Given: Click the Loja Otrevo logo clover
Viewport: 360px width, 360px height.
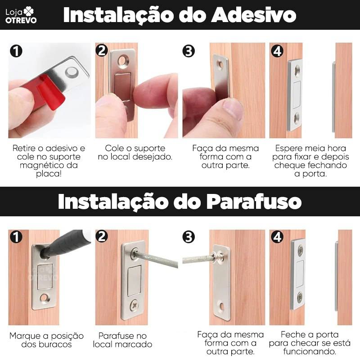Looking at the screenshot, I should [x=28, y=10].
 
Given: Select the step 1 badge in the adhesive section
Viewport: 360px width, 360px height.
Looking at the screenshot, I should [x=16, y=51].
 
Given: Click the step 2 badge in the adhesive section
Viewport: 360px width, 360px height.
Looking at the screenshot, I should [x=102, y=50].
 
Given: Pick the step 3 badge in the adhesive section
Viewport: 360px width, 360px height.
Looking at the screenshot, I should [x=189, y=51].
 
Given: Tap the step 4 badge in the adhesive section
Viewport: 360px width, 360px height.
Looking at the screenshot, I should [x=277, y=51].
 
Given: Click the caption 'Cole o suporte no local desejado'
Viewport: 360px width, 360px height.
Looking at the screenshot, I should [x=135, y=153].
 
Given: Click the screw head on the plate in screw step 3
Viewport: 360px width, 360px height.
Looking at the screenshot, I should [x=219, y=256].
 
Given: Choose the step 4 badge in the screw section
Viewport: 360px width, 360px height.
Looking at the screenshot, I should [x=277, y=237].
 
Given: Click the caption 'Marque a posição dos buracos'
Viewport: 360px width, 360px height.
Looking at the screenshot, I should [x=47, y=340].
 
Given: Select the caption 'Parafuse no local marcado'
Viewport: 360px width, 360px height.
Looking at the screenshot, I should [x=123, y=340].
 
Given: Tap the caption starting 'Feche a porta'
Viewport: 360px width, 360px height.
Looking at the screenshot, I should [x=310, y=343].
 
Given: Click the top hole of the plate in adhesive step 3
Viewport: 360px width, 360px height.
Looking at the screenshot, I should [x=220, y=64].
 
